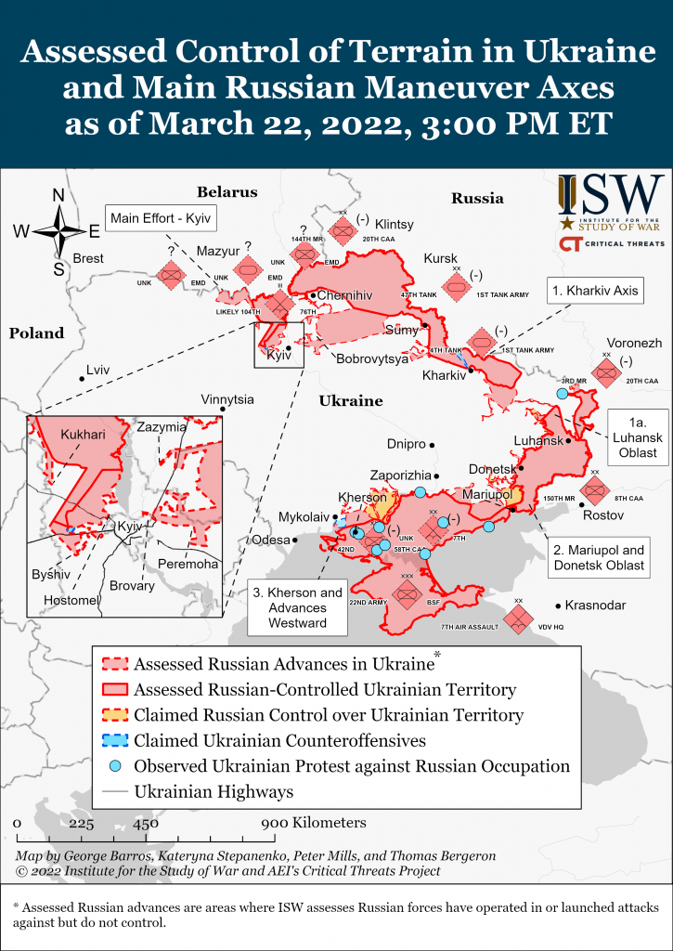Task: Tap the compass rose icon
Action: coord(58,232)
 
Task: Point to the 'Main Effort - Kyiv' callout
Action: coord(162,219)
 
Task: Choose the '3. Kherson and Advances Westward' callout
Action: coord(299,607)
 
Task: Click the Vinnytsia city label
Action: coord(226,399)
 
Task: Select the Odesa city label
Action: coord(270,540)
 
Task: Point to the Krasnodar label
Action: coord(593,605)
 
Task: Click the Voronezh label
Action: coord(634,343)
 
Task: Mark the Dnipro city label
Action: coord(406,444)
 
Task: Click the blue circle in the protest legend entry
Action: coord(114,766)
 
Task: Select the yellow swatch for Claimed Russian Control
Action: coord(114,715)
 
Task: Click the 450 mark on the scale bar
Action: coord(144,823)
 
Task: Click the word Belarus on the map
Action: coord(226,191)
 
